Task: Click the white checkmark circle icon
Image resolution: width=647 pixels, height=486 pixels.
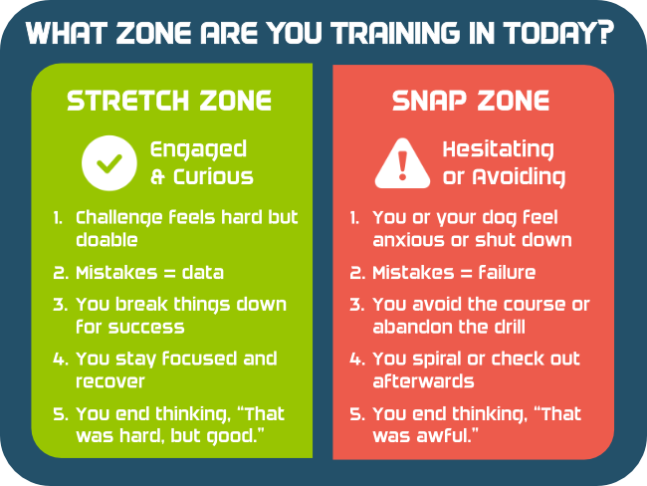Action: tap(109, 162)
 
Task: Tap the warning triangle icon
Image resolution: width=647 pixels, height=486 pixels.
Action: tap(402, 163)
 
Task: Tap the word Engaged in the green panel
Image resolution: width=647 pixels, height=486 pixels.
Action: tap(198, 150)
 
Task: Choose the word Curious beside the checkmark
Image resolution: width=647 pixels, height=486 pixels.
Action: tap(213, 177)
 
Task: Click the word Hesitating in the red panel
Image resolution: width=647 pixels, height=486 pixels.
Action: tap(498, 150)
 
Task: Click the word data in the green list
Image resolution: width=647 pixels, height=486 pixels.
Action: tap(203, 273)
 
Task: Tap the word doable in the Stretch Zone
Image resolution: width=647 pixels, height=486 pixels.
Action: tap(107, 240)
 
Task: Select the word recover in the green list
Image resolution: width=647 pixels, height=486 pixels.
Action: tap(110, 381)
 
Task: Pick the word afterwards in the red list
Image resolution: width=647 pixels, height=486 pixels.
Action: tap(423, 380)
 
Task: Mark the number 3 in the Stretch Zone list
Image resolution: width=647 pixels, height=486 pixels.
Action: tap(59, 305)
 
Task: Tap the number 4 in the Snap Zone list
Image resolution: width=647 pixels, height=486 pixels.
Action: tap(355, 359)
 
